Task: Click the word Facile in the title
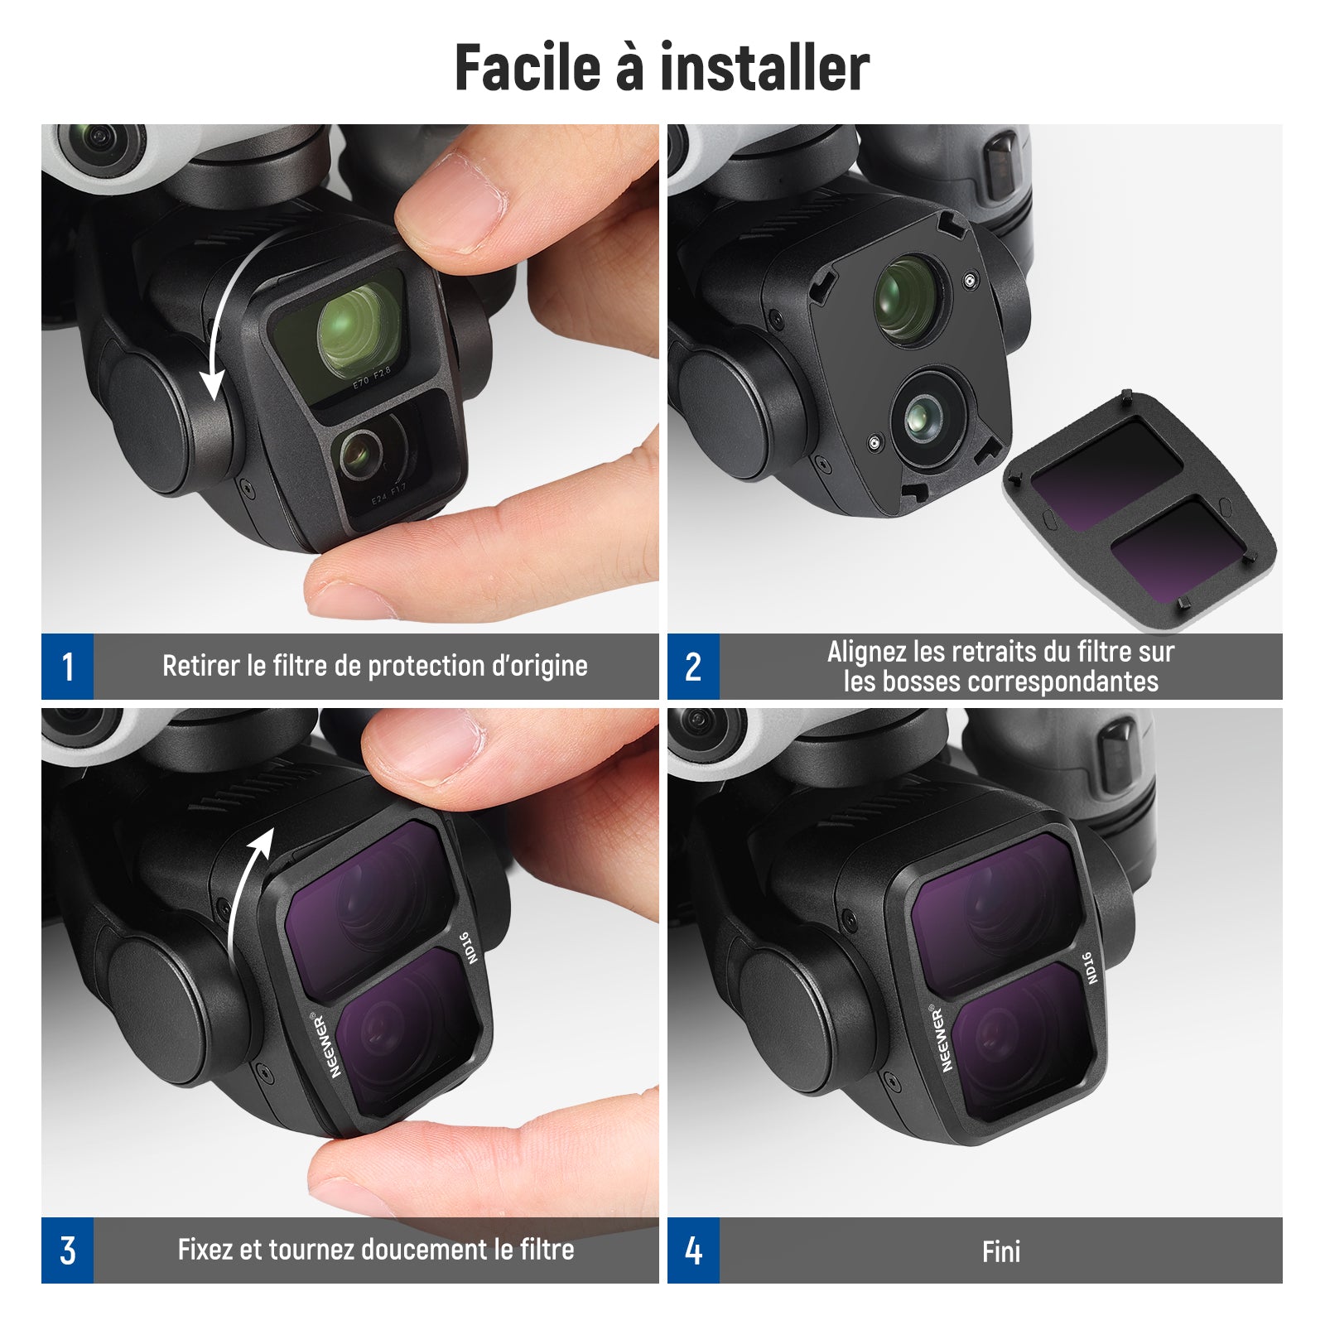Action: pos(528,67)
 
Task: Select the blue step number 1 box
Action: pos(67,667)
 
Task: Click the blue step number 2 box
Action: pos(693,667)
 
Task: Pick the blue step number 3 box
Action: pos(67,1250)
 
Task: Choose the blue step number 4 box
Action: pos(693,1250)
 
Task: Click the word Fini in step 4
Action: pos(1001,1251)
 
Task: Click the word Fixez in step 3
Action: pos(205,1249)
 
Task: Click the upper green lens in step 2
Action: pos(908,299)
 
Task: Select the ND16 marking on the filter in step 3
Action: pos(468,948)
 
